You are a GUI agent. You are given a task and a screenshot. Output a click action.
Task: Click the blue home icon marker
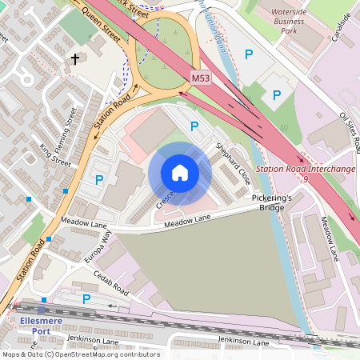(180, 173)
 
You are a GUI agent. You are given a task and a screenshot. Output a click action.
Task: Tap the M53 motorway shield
(202, 78)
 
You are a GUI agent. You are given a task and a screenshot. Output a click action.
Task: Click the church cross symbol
(76, 59)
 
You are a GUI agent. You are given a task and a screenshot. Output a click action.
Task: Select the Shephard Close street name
(232, 164)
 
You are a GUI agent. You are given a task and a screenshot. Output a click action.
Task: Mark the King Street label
(54, 154)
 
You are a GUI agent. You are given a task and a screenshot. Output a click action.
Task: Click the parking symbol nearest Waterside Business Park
(249, 54)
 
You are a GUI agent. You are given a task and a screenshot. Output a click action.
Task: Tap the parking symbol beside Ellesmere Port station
(86, 299)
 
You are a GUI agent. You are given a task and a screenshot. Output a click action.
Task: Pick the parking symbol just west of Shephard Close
(194, 126)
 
